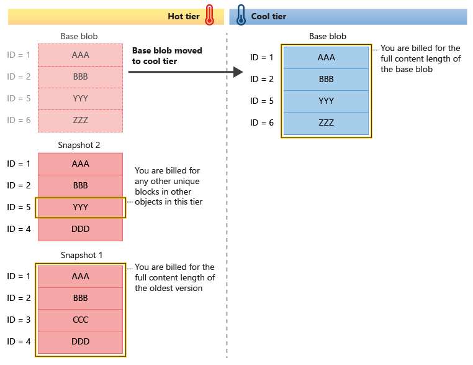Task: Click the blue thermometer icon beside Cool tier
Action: pyautogui.click(x=241, y=16)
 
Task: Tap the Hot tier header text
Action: pyautogui.click(x=184, y=16)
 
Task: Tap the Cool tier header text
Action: pyautogui.click(x=269, y=16)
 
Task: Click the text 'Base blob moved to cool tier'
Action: pyautogui.click(x=167, y=56)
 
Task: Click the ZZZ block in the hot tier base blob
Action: pyautogui.click(x=80, y=121)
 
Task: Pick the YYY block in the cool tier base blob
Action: pyautogui.click(x=326, y=101)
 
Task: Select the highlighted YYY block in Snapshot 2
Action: pyautogui.click(x=80, y=207)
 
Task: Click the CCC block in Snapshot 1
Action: pyautogui.click(x=80, y=320)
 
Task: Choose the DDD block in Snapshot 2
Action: pyautogui.click(x=80, y=229)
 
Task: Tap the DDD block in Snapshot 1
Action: pyautogui.click(x=80, y=341)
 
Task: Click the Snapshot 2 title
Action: pyautogui.click(x=80, y=145)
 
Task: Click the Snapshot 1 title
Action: pyautogui.click(x=80, y=255)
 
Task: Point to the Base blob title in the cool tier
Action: pyautogui.click(x=327, y=37)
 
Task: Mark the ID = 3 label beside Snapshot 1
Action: pyautogui.click(x=19, y=320)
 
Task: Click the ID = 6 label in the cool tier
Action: pyautogui.click(x=261, y=122)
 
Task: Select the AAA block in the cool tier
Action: pyautogui.click(x=326, y=57)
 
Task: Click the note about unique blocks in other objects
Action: pyautogui.click(x=168, y=186)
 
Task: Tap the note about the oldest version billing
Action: pyautogui.click(x=174, y=277)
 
